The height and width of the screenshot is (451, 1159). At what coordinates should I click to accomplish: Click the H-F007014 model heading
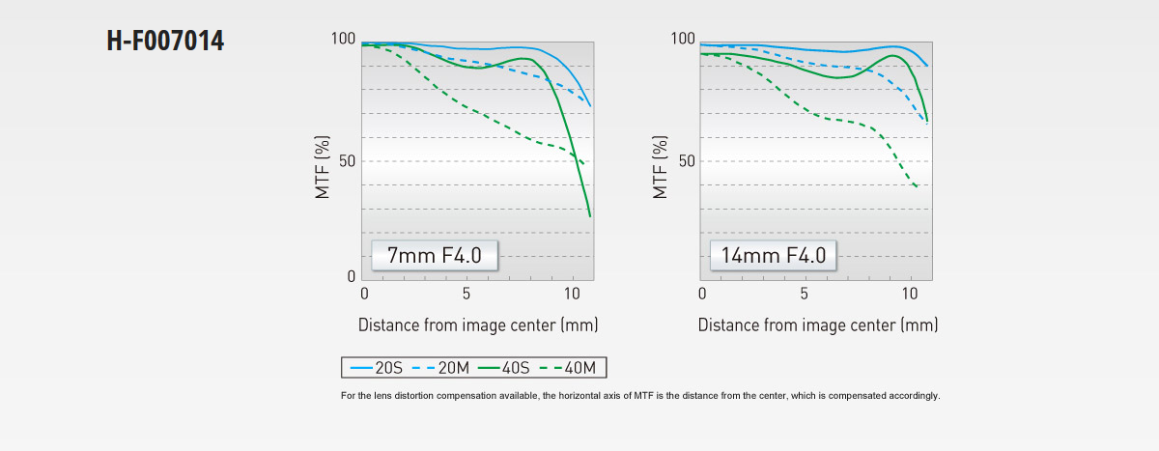pyautogui.click(x=165, y=42)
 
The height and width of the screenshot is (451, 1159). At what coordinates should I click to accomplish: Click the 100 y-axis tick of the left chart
pyautogui.click(x=343, y=40)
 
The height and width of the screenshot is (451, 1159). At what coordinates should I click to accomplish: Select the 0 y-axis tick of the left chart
pyautogui.click(x=352, y=277)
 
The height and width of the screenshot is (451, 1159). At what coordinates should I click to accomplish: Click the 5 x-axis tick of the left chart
pyautogui.click(x=466, y=294)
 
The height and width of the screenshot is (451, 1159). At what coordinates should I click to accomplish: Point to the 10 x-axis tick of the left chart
pyautogui.click(x=572, y=294)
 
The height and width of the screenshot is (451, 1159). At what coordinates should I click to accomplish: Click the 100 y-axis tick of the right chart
pyautogui.click(x=683, y=40)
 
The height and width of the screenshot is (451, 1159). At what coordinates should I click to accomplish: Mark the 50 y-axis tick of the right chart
pyautogui.click(x=686, y=160)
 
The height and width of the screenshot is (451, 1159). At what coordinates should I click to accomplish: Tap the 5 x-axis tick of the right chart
pyautogui.click(x=805, y=294)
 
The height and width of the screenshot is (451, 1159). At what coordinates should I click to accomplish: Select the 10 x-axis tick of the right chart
pyautogui.click(x=910, y=294)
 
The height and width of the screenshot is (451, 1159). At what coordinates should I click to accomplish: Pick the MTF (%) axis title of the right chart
pyautogui.click(x=661, y=167)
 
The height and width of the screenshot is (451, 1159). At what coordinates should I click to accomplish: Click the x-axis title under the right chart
pyautogui.click(x=817, y=324)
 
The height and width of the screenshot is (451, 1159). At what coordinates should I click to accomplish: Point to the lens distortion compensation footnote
pyautogui.click(x=640, y=396)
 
